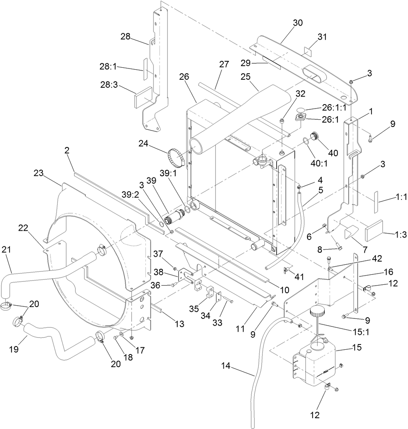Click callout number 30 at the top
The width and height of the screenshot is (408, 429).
(297, 23)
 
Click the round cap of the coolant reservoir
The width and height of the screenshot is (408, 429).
(319, 310)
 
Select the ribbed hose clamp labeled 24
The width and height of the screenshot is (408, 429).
(177, 158)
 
